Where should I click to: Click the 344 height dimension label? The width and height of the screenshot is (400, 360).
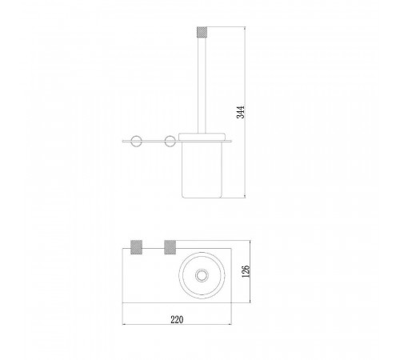(241, 112)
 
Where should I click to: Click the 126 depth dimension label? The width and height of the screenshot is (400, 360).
(246, 271)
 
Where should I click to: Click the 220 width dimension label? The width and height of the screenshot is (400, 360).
(177, 319)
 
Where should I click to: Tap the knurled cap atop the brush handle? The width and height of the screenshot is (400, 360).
(202, 32)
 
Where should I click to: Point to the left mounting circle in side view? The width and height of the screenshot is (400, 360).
(136, 141)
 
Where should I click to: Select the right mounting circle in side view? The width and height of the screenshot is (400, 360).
(170, 141)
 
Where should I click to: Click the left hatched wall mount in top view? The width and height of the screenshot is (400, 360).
(136, 247)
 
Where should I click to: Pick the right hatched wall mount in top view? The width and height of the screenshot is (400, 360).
(170, 247)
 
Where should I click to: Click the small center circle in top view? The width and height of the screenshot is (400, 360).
(202, 275)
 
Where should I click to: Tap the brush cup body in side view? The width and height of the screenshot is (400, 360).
(202, 170)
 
